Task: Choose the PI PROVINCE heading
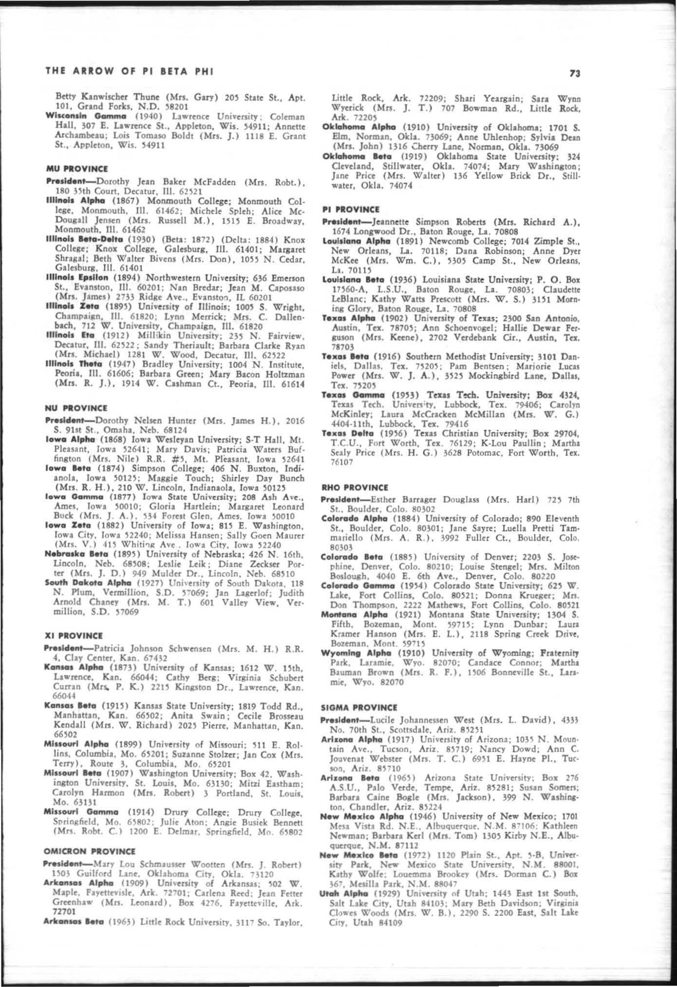tap(351, 209)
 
